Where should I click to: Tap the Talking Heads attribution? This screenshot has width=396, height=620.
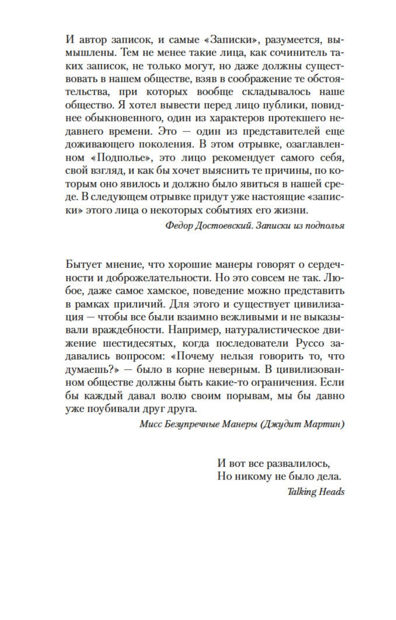click(315, 492)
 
